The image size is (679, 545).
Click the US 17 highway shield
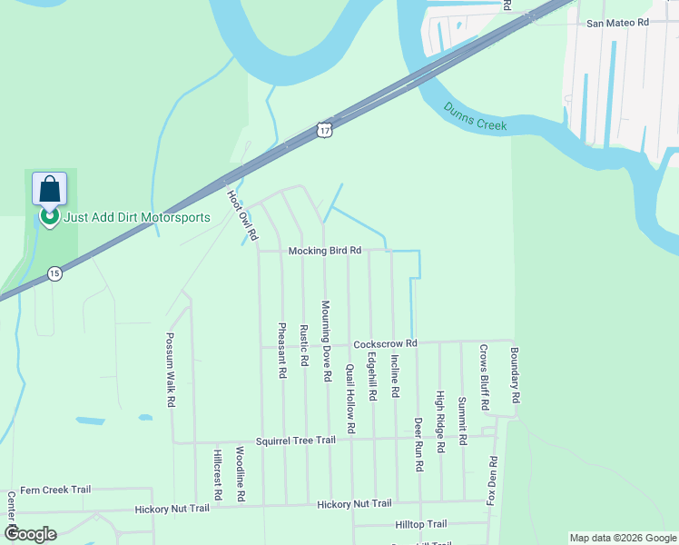[x=324, y=130]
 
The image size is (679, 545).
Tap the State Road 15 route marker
[x=54, y=273]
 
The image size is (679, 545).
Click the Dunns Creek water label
[x=475, y=117]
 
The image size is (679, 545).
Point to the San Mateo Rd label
[x=618, y=22]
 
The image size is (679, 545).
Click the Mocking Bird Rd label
[x=325, y=250]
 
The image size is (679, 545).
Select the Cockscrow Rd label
[x=385, y=343]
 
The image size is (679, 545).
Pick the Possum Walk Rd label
[x=170, y=369]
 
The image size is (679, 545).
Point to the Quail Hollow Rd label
[x=350, y=398]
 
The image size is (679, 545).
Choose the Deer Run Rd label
[x=418, y=444]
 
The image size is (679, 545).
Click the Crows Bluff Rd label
[x=484, y=375]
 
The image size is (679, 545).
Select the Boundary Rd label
[x=514, y=375]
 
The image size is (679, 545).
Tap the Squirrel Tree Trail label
[x=295, y=440]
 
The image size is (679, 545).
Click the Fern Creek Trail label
[x=55, y=489]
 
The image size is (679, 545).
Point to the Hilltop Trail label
[x=421, y=524]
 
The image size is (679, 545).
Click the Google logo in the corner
[x=31, y=533]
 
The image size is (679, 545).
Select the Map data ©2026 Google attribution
[x=623, y=538]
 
